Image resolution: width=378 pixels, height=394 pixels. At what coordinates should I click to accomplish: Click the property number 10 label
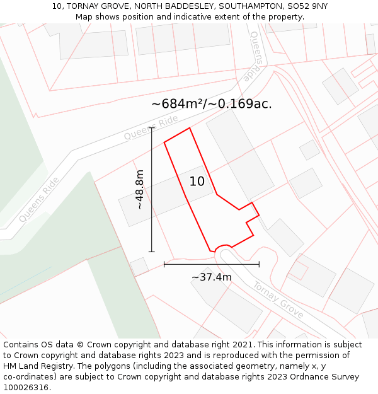click(x=197, y=182)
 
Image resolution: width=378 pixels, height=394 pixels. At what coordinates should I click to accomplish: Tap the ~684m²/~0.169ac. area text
click(x=212, y=104)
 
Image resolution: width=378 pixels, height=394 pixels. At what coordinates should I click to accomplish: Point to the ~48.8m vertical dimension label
click(x=139, y=189)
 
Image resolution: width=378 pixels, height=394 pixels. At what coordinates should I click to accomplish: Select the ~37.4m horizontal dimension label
click(x=212, y=277)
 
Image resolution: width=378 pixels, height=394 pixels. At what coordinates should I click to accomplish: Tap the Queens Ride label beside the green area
click(x=39, y=199)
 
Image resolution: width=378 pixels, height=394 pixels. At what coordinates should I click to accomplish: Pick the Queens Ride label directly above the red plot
click(x=151, y=128)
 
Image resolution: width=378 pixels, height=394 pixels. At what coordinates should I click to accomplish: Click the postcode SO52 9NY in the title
click(x=307, y=6)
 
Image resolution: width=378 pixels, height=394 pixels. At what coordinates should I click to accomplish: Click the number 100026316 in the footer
click(x=26, y=388)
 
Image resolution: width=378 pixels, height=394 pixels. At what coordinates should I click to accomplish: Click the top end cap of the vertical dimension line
click(x=151, y=128)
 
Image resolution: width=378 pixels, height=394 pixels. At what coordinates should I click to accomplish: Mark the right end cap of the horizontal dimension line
click(x=259, y=264)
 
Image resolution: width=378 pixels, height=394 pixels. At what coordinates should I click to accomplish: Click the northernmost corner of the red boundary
click(x=190, y=128)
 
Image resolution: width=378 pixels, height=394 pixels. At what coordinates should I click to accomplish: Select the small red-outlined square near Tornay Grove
click(x=297, y=270)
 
